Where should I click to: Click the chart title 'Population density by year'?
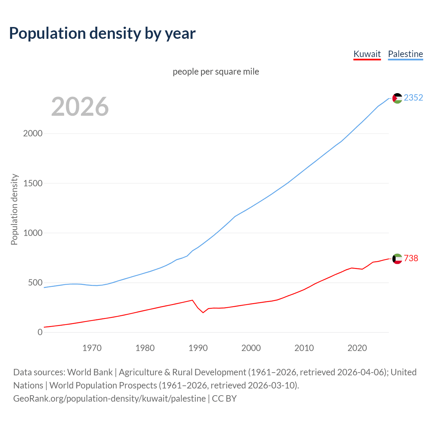click(x=102, y=33)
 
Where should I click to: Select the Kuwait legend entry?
click(x=367, y=54)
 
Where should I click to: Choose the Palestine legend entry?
click(x=405, y=54)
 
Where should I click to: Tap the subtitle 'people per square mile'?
click(x=216, y=72)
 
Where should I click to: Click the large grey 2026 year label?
click(x=80, y=107)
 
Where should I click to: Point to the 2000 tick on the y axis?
click(x=33, y=133)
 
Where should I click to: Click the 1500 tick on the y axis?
click(x=33, y=183)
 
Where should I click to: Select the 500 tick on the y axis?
click(x=35, y=282)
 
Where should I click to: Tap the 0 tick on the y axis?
click(x=40, y=332)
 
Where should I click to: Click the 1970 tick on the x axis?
click(x=92, y=348)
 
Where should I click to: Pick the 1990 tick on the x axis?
click(x=198, y=348)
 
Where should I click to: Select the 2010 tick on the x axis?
click(x=304, y=348)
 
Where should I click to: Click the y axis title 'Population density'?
click(x=14, y=209)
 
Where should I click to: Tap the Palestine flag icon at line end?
click(x=397, y=98)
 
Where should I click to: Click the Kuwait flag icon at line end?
click(x=397, y=259)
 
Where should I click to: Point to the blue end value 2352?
click(x=413, y=98)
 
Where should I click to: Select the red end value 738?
click(x=411, y=258)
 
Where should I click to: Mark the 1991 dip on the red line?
click(x=203, y=313)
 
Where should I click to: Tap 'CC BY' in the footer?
click(x=224, y=399)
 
